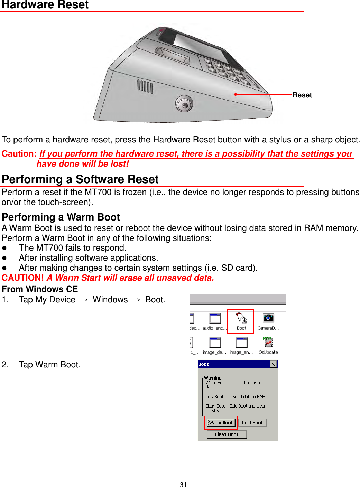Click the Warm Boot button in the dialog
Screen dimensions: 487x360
click(x=221, y=422)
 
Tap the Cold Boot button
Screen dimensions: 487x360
click(x=252, y=422)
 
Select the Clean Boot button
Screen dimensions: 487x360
click(x=227, y=434)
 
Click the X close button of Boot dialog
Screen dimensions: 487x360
click(x=273, y=364)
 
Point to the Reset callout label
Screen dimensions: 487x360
click(x=302, y=95)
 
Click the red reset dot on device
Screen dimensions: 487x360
click(x=236, y=94)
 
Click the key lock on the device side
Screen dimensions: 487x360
click(x=184, y=104)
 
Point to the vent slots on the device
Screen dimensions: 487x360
click(x=145, y=86)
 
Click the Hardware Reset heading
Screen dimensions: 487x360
click(x=45, y=5)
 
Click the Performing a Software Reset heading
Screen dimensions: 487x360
click(x=80, y=179)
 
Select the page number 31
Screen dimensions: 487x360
click(x=183, y=484)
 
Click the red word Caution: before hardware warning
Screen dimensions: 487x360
click(x=19, y=154)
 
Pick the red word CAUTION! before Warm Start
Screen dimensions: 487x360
click(x=23, y=278)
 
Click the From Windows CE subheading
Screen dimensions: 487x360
click(x=40, y=289)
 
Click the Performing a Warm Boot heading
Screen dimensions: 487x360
click(x=61, y=217)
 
